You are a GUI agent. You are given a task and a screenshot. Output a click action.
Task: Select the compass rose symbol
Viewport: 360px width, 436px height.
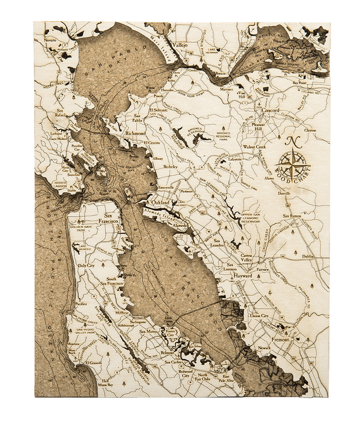(293, 164)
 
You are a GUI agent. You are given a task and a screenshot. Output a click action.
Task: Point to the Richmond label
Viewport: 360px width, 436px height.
(135, 133)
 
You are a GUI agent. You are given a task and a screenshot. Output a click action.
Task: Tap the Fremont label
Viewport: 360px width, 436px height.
(280, 339)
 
